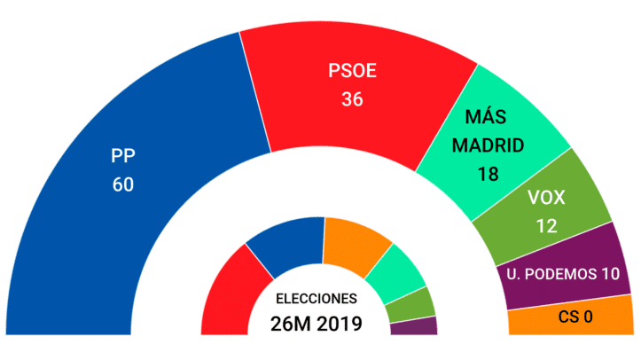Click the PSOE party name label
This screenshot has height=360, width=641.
(x=352, y=70)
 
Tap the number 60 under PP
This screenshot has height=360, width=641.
(x=122, y=185)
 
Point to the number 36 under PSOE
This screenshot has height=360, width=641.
(x=352, y=99)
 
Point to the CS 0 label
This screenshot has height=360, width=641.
(x=575, y=317)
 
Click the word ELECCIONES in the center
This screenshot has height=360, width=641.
(x=317, y=298)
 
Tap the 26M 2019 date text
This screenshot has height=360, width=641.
(x=317, y=323)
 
